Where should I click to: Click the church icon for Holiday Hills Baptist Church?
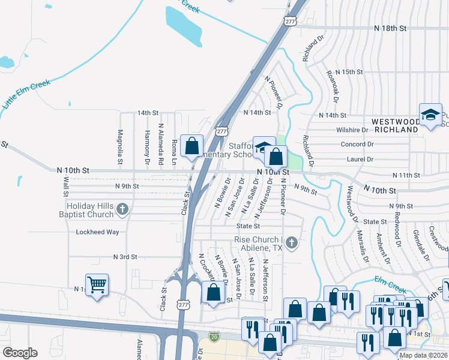pos(122,209)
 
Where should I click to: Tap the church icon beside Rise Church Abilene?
pos(292,243)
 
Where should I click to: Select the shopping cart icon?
pos(97,284)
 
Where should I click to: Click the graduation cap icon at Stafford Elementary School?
pos(262,148)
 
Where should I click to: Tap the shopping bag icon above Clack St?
pos(191,145)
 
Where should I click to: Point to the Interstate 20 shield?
pos(214,338)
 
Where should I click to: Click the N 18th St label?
pos(390,28)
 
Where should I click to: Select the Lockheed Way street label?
pos(97,232)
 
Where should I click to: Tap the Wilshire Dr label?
pos(352,130)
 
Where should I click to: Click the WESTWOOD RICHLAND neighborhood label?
pos(394,125)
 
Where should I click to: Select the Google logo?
pos(20,352)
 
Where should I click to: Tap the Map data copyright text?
pos(423,355)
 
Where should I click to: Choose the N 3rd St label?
pos(125,257)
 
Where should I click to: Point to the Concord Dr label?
pos(357,145)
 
